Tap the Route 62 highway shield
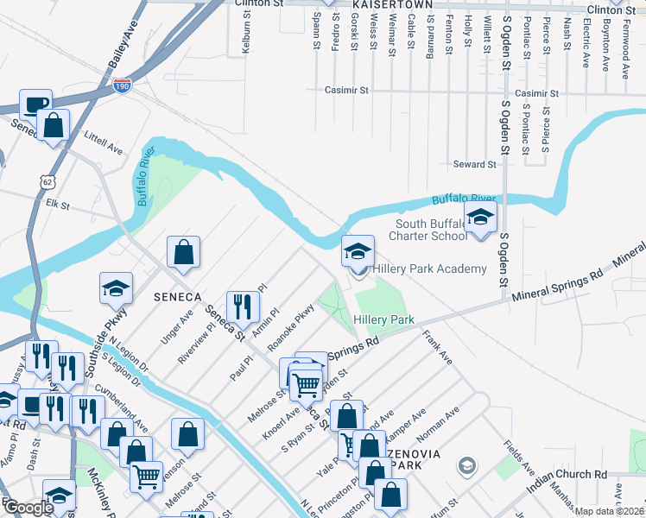tap(47, 180)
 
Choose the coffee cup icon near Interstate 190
tap(36, 104)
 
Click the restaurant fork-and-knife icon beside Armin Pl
tap(243, 305)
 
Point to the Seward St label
tap(474, 164)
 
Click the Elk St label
tap(58, 205)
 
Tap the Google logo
tap(28, 509)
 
